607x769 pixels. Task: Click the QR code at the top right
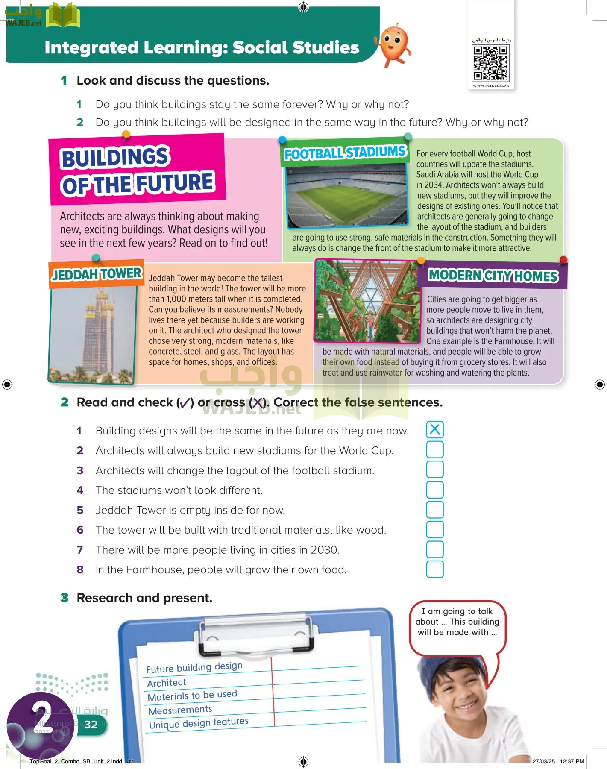click(x=490, y=63)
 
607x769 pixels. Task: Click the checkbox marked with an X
click(x=435, y=429)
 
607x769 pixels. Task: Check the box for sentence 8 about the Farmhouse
click(x=435, y=569)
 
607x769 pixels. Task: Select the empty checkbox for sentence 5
click(x=435, y=509)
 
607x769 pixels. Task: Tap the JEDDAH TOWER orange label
click(x=97, y=274)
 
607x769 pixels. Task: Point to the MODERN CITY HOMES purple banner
click(x=493, y=276)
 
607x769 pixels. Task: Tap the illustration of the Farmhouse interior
click(x=367, y=301)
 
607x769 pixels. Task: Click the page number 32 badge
click(x=91, y=725)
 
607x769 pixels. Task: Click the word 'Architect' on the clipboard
click(x=167, y=683)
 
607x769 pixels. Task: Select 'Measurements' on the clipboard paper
click(x=180, y=710)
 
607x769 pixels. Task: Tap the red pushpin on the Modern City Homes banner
click(x=563, y=260)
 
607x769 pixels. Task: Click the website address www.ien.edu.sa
click(x=491, y=85)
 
